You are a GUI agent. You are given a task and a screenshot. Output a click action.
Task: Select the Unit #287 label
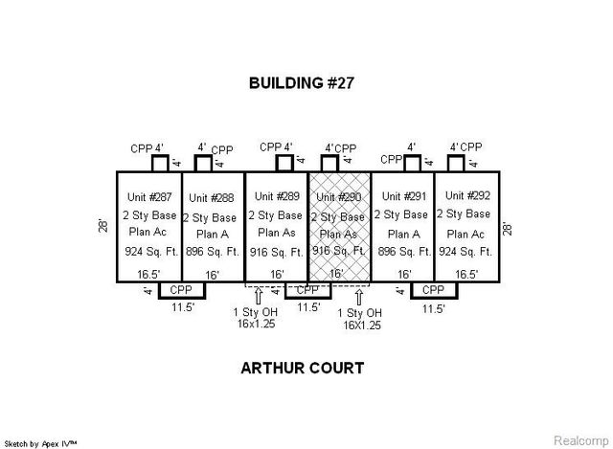tap(148, 197)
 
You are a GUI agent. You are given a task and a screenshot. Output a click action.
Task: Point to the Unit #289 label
tap(276, 198)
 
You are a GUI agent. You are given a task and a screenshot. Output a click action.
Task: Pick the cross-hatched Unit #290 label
tap(338, 198)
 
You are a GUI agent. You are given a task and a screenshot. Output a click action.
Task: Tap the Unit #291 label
tap(401, 197)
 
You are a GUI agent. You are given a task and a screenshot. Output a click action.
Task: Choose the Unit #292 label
tap(465, 197)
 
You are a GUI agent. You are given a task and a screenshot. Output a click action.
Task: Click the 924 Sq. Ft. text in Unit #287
tap(148, 253)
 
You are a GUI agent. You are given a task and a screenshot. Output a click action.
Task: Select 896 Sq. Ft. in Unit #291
tap(401, 253)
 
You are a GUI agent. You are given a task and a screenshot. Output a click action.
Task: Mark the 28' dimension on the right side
tap(507, 228)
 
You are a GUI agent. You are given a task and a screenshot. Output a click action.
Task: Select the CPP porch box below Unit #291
tap(433, 290)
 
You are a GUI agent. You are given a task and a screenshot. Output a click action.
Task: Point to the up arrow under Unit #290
tap(359, 296)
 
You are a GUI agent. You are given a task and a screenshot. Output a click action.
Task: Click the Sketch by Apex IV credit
tap(41, 442)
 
